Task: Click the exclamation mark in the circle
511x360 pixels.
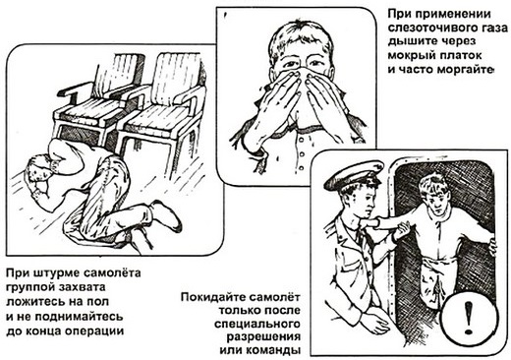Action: coord(469,318)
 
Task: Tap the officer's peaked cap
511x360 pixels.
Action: coord(354,174)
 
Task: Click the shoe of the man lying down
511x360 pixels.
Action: coord(166,216)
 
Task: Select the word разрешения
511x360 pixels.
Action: coord(263,337)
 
